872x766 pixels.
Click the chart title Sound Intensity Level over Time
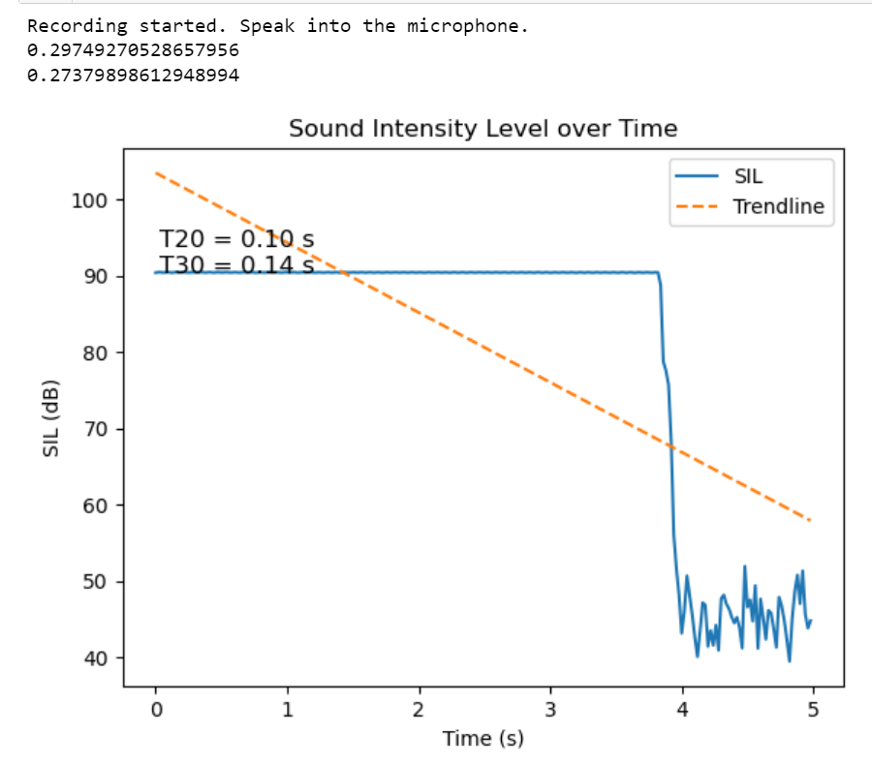click(483, 128)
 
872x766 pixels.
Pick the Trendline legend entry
click(778, 206)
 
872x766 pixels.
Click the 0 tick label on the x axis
click(155, 709)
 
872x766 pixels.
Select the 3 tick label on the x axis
click(550, 709)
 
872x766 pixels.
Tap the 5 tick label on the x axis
click(813, 709)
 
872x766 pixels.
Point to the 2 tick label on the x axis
click(419, 709)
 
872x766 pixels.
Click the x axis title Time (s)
click(483, 739)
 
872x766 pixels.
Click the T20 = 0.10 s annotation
click(236, 239)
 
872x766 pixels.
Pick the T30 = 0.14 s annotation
click(236, 264)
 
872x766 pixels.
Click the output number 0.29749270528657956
click(133, 50)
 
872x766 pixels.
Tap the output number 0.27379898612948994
click(133, 75)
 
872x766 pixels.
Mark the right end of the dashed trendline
click(810, 521)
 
